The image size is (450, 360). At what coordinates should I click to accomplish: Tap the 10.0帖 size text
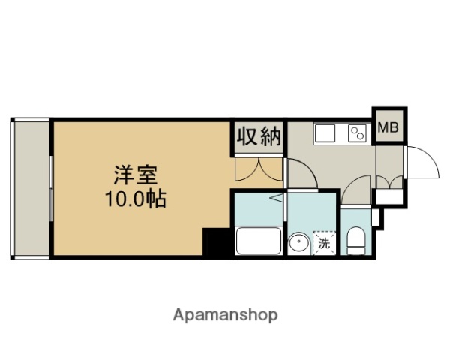pyautogui.click(x=136, y=200)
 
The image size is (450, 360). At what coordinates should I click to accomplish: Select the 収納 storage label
pyautogui.click(x=259, y=137)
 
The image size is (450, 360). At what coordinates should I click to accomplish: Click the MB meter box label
pyautogui.click(x=388, y=127)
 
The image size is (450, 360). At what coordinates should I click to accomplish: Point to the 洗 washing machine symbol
pyautogui.click(x=325, y=242)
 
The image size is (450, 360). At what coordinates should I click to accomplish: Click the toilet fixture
pyautogui.click(x=355, y=241)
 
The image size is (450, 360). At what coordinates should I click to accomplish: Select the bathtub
pyautogui.click(x=258, y=242)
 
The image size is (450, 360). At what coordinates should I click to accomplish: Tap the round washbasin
pyautogui.click(x=298, y=243)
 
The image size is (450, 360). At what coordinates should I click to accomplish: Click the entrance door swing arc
pyautogui.click(x=420, y=161)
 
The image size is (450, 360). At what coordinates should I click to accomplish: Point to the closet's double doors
pyautogui.click(x=258, y=169)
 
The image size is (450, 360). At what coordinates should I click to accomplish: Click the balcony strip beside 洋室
pyautogui.click(x=31, y=187)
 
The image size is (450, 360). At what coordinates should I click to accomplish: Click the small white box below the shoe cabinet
pyautogui.click(x=388, y=197)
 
